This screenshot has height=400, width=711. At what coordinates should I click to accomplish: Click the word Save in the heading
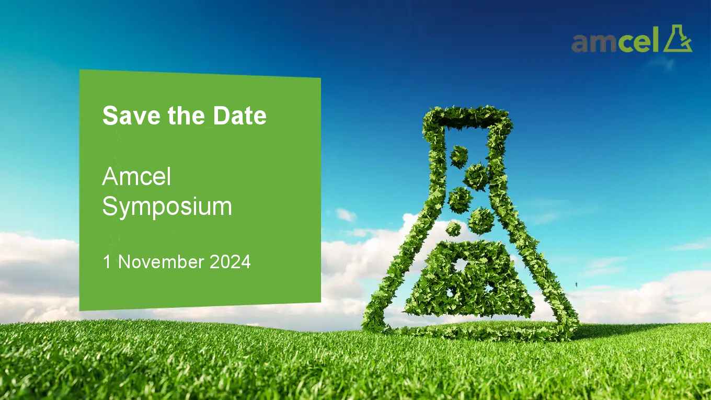click(131, 116)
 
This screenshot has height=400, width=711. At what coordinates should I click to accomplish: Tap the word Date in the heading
click(240, 116)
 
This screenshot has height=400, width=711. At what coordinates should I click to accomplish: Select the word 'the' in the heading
click(186, 116)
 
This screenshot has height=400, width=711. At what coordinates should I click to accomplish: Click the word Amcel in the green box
click(137, 176)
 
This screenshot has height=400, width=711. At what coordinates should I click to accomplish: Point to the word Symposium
click(167, 207)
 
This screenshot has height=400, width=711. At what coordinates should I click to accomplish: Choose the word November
click(161, 262)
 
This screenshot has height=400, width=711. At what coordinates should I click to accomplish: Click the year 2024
click(230, 262)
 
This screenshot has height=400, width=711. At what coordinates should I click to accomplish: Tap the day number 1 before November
click(107, 262)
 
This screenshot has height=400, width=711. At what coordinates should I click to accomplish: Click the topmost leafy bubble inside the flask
click(458, 156)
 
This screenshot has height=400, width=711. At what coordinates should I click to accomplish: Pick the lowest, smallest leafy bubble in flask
click(453, 228)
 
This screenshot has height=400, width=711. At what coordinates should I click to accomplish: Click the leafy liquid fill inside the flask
click(470, 279)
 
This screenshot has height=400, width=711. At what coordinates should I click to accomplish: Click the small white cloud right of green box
click(346, 215)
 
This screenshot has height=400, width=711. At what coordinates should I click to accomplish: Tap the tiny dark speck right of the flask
click(577, 284)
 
